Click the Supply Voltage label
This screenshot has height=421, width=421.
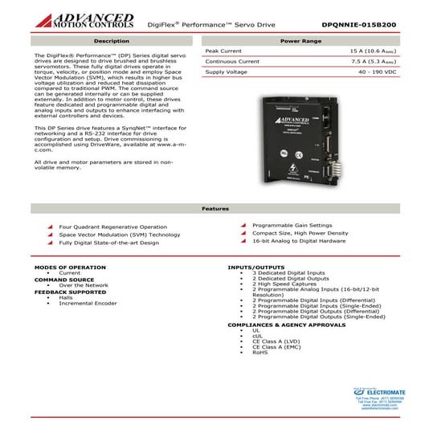click(227, 72)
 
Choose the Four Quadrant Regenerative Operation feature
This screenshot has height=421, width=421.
click(108, 227)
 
